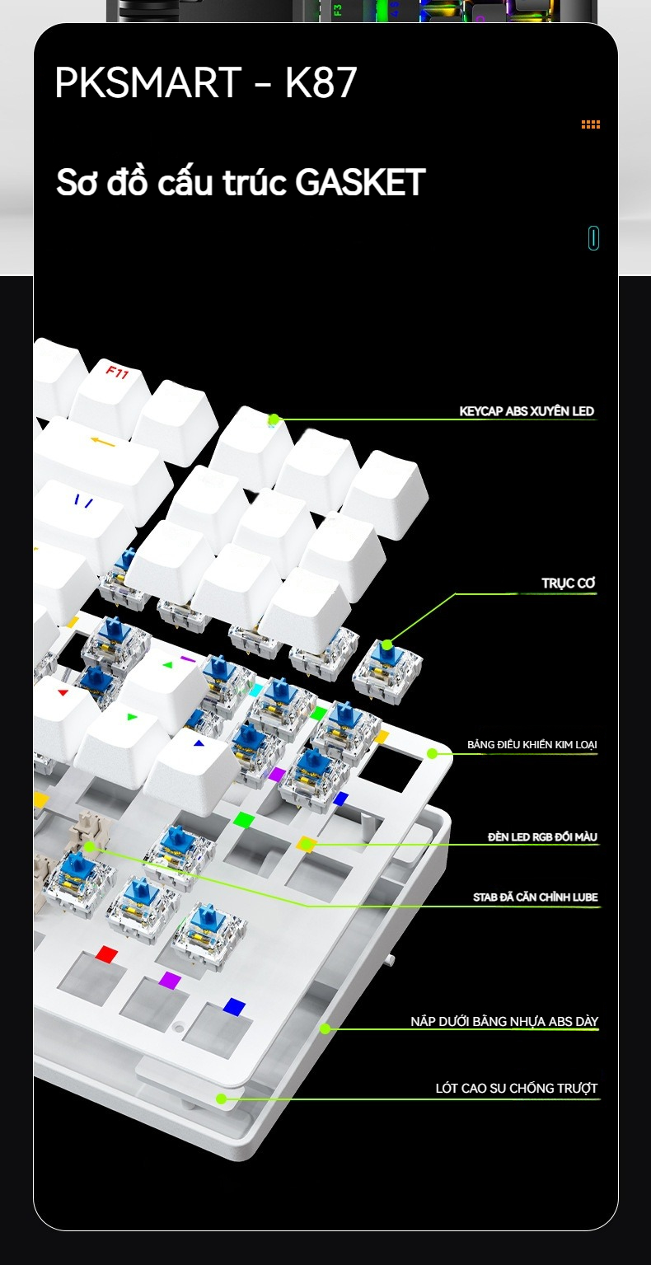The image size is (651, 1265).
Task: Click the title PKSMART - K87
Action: click(205, 83)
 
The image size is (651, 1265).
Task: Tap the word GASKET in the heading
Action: click(360, 182)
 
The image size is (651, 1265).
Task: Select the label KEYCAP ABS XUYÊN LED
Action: click(527, 411)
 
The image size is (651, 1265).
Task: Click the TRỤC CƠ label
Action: click(568, 583)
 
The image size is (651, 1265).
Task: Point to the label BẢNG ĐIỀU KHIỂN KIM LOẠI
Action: click(532, 744)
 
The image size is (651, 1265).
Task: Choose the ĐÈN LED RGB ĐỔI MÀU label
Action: click(542, 837)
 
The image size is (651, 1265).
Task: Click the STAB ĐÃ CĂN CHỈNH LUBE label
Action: click(536, 897)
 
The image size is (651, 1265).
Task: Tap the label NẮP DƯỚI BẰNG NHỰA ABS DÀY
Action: click(504, 1021)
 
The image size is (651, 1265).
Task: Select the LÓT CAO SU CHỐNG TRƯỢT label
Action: click(516, 1088)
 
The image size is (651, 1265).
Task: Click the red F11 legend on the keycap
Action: click(118, 372)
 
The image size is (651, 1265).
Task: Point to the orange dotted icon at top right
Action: click(591, 124)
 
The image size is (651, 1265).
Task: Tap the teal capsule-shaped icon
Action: click(593, 237)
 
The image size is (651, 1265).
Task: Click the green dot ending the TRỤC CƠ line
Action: click(386, 645)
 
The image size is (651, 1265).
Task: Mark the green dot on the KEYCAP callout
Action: click(274, 419)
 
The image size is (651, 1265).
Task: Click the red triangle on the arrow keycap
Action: click(63, 692)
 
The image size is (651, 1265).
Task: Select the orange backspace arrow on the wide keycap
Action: click(103, 443)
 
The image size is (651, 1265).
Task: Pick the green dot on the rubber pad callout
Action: click(222, 1099)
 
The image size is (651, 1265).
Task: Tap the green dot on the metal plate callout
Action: click(432, 753)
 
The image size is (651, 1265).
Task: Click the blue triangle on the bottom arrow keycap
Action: click(198, 743)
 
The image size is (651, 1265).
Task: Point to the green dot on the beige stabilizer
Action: click(89, 846)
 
